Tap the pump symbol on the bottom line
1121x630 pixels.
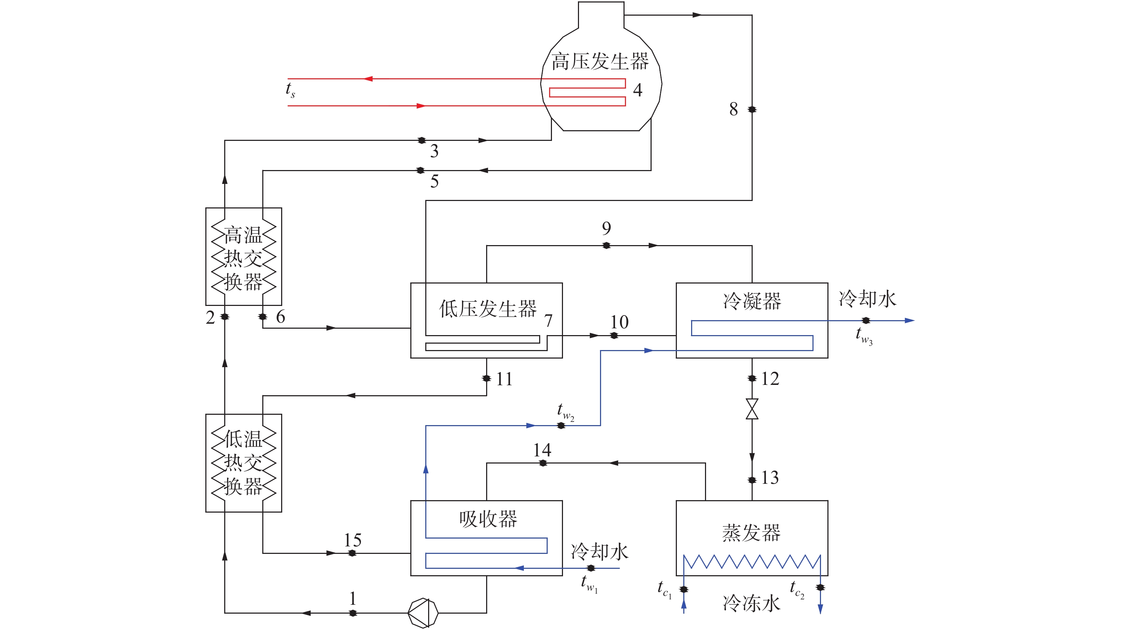[x=422, y=613]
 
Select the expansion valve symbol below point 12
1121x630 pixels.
[x=752, y=409]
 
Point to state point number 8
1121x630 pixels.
[x=734, y=109]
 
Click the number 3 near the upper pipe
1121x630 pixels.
[x=434, y=151]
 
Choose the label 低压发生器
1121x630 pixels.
[x=488, y=308]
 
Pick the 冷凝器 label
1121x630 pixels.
[x=752, y=301]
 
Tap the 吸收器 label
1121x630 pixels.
[x=488, y=519]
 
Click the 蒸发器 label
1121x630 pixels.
[x=752, y=533]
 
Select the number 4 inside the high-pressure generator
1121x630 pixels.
[x=637, y=90]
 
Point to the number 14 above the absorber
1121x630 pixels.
[x=542, y=450]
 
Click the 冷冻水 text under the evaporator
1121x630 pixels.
[x=752, y=603]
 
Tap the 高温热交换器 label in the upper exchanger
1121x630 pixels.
[x=243, y=258]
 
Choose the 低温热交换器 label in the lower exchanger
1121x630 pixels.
[x=243, y=462]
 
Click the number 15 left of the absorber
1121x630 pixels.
[x=352, y=540]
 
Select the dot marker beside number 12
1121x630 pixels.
[x=752, y=378]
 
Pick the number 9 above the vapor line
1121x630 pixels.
[x=606, y=228]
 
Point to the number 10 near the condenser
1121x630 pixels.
[x=619, y=322]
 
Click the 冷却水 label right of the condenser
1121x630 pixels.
[x=867, y=299]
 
